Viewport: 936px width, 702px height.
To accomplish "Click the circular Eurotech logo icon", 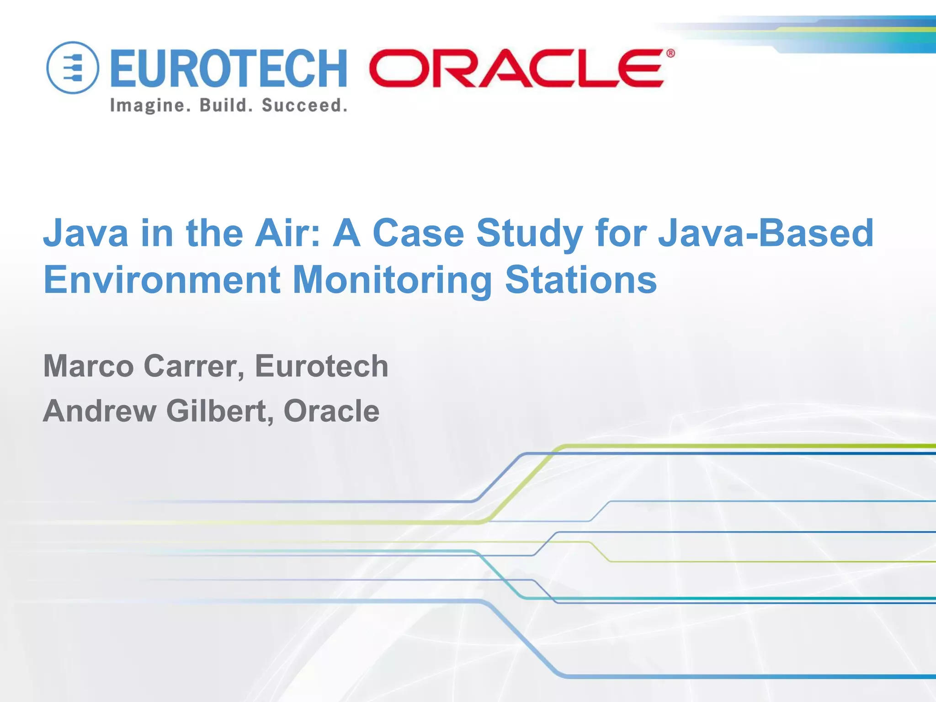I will pos(73,68).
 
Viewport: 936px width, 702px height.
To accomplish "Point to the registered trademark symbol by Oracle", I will pos(670,53).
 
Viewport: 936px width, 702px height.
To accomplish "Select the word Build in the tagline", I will pos(225,105).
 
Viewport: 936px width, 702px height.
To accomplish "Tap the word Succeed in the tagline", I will pos(304,105).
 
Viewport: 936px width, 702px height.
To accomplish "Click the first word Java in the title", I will pos(85,233).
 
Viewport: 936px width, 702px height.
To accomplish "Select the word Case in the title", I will pos(418,233).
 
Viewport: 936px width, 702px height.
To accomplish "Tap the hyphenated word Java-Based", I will pos(766,233).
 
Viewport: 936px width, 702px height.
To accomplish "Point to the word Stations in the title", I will pos(581,280).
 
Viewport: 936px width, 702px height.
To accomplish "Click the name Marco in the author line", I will pos(88,366).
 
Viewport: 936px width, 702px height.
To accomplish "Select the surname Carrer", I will pos(194,367).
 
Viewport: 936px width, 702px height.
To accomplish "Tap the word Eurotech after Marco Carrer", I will pos(321,366).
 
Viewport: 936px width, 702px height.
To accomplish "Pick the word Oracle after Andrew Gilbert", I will pos(331,410).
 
